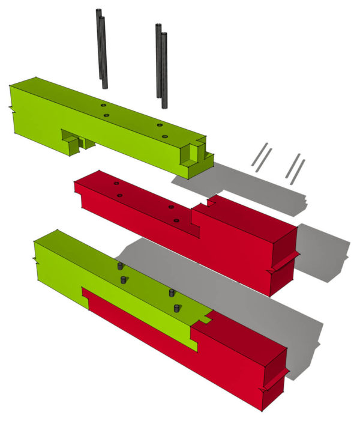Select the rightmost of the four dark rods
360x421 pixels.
coord(164,69)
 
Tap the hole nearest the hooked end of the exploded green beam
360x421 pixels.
coord(165,137)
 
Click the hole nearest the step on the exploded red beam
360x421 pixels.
coord(176,220)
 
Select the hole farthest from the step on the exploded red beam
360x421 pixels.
coord(116,182)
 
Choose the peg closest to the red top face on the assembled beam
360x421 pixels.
coord(176,308)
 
